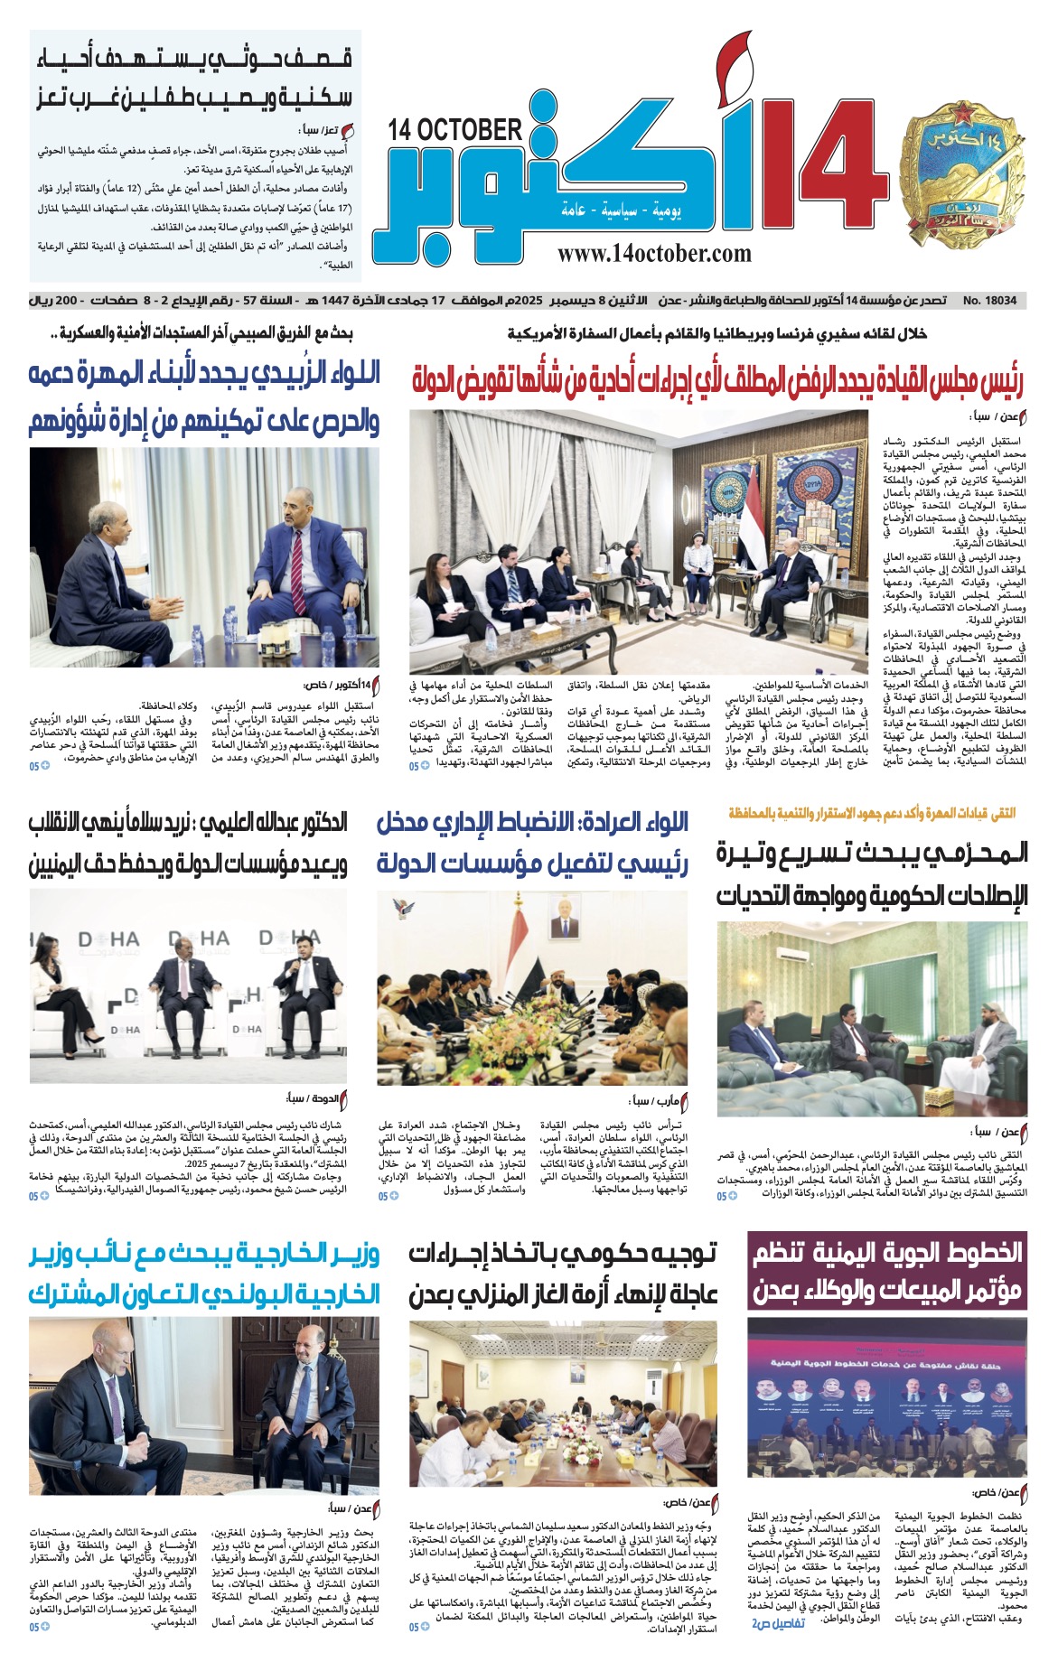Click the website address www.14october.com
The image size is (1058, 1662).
coord(654,255)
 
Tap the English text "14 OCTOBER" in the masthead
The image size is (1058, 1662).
coord(455,131)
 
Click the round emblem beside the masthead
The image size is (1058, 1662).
coord(958,178)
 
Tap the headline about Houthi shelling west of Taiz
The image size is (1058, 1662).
coord(195,79)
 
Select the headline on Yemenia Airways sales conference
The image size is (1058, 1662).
coord(887,1272)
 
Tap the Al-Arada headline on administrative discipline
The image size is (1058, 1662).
coord(532,842)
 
